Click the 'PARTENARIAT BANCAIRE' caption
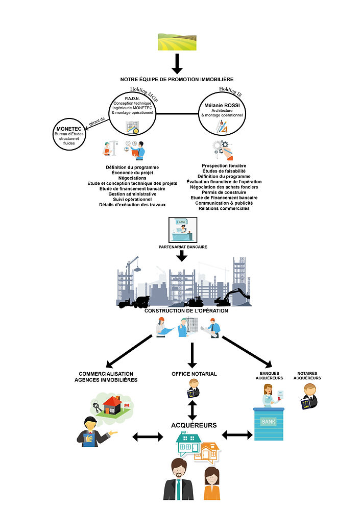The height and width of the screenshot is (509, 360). pyautogui.click(x=182, y=247)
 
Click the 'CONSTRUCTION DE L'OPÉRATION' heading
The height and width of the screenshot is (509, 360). pyautogui.click(x=186, y=310)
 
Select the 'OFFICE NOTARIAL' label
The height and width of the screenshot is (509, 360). pyautogui.click(x=194, y=374)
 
